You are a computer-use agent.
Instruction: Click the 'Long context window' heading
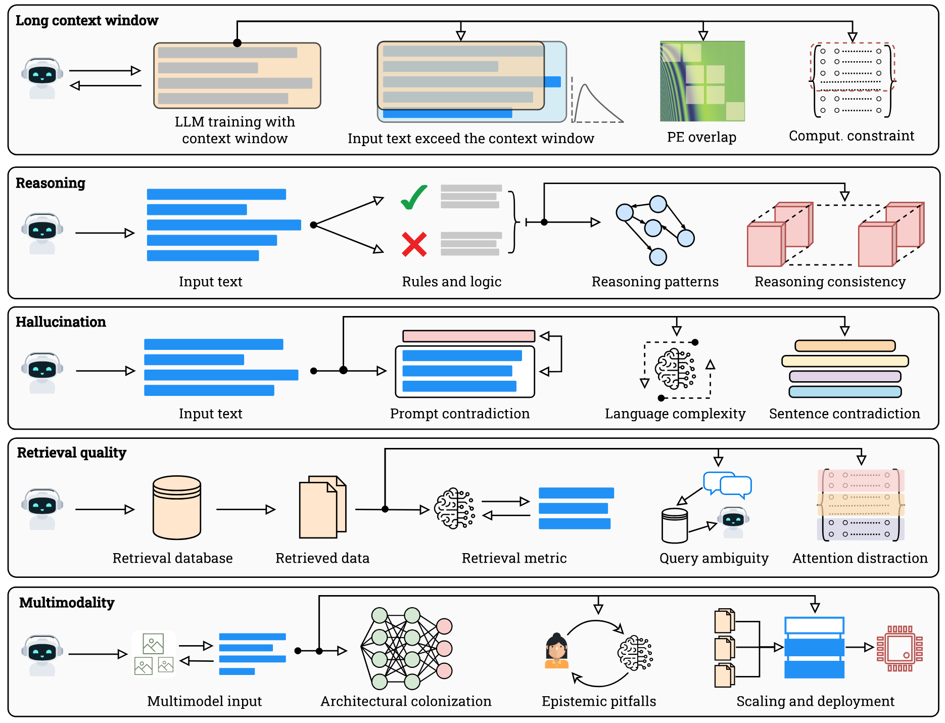click(x=87, y=21)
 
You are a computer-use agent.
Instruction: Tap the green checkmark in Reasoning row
click(x=414, y=197)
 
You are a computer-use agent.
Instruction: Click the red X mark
click(x=414, y=244)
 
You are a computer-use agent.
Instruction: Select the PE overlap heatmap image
click(x=702, y=81)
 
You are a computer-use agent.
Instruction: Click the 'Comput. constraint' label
click(x=851, y=136)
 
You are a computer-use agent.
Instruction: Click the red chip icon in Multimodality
click(x=900, y=648)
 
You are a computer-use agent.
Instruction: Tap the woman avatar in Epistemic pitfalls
click(x=556, y=651)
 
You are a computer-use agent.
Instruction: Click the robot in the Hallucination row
click(x=42, y=372)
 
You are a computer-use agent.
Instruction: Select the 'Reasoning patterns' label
click(x=654, y=282)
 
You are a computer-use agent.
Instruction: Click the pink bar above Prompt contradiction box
click(x=468, y=336)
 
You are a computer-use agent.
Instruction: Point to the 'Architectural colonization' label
click(x=406, y=701)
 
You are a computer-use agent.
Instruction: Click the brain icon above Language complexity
click(x=675, y=369)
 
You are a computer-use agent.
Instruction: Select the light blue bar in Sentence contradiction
click(x=845, y=392)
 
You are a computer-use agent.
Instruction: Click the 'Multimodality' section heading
click(x=67, y=603)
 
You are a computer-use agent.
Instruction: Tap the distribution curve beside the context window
click(x=596, y=104)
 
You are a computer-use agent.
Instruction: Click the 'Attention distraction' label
click(x=860, y=558)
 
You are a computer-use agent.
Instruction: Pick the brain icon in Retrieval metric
click(x=454, y=508)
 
